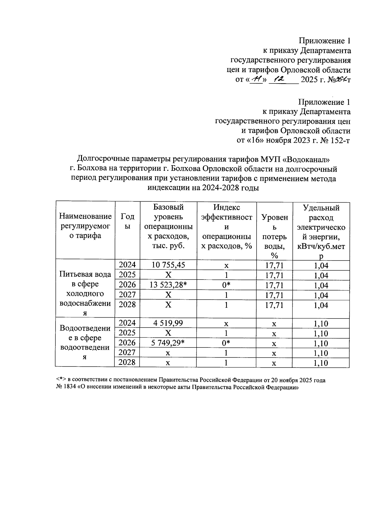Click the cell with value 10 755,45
(x=168, y=265)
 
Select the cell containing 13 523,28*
(x=168, y=285)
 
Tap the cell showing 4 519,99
(x=168, y=323)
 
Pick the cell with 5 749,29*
(x=168, y=343)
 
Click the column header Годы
(x=127, y=221)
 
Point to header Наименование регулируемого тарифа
(x=85, y=226)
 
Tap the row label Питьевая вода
(x=85, y=274)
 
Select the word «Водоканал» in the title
(x=306, y=159)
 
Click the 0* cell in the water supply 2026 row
(x=226, y=285)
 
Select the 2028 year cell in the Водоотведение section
(x=127, y=362)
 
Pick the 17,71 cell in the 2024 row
(x=274, y=265)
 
